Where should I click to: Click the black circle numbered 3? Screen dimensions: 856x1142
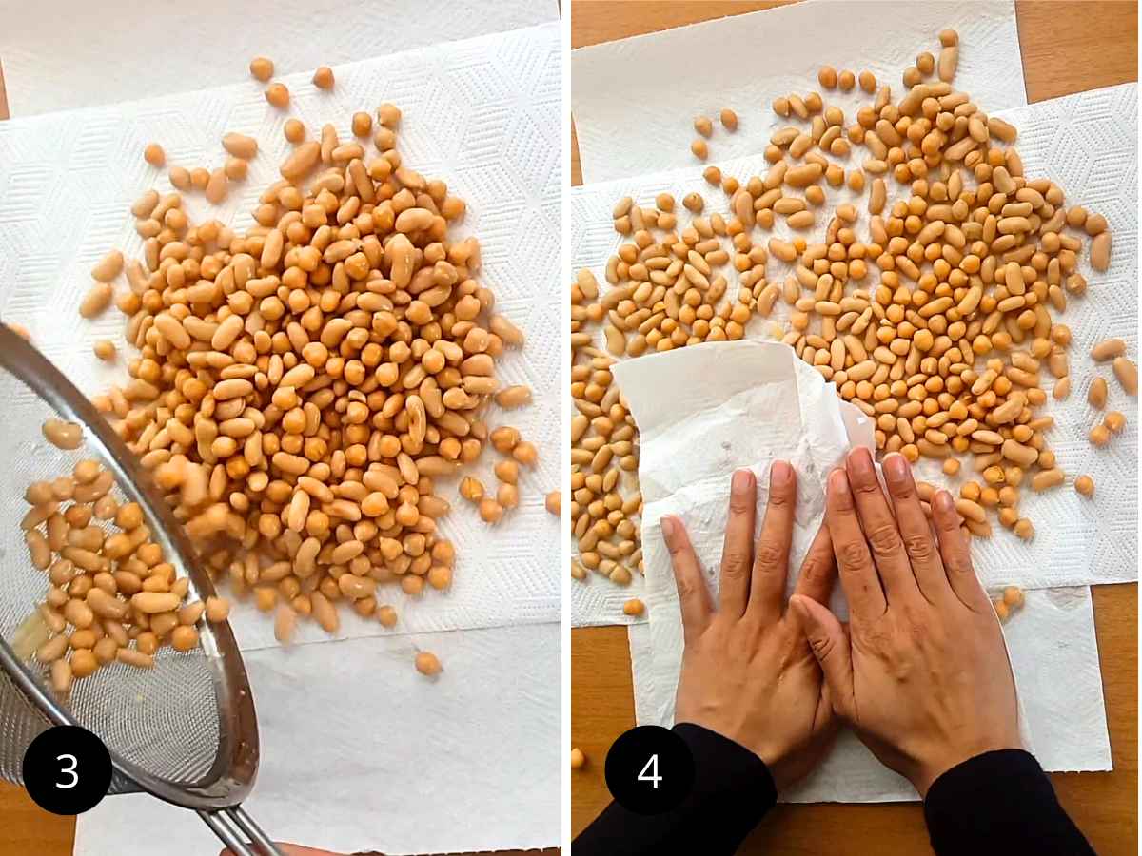(x=67, y=770)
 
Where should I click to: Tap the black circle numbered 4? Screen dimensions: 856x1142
(x=649, y=770)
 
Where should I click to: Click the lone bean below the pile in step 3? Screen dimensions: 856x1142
(x=427, y=663)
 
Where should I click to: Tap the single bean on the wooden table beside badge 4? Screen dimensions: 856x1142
(x=577, y=757)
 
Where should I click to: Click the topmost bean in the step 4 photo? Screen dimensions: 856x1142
(x=948, y=37)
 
